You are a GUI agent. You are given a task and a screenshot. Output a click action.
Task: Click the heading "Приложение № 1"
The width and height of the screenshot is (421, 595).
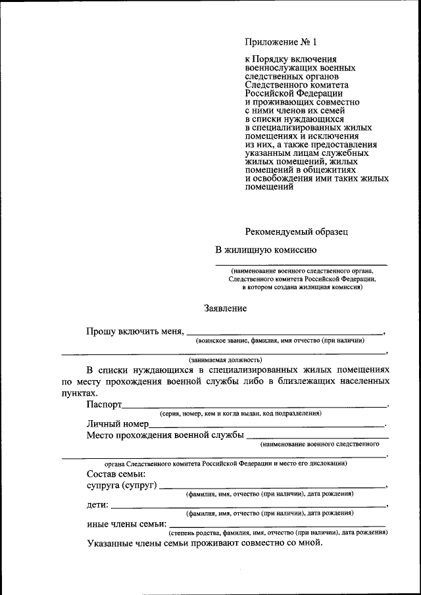click(x=281, y=43)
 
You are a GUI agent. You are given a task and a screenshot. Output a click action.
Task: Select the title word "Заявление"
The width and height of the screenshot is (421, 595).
click(x=226, y=308)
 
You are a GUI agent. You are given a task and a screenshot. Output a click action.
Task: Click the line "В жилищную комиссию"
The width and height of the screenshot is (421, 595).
click(x=266, y=249)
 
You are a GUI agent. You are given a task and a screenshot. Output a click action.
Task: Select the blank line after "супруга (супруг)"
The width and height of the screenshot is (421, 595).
click(x=272, y=487)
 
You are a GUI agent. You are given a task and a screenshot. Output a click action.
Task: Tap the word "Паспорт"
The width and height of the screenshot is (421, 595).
click(x=104, y=404)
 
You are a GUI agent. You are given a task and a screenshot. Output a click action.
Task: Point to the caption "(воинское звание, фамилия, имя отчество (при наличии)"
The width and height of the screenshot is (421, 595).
click(x=280, y=340)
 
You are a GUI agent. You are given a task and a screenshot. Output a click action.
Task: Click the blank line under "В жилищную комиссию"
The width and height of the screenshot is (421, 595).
click(x=301, y=264)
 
